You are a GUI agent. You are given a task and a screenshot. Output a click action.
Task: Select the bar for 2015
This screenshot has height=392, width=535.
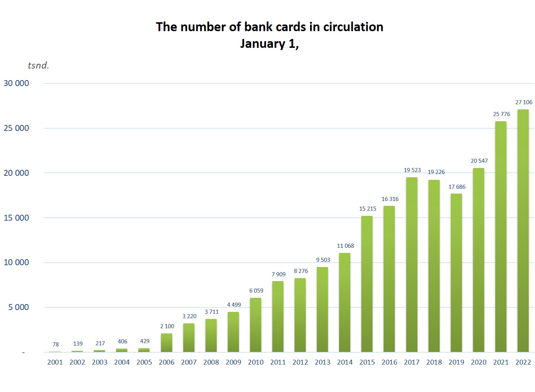[367, 284]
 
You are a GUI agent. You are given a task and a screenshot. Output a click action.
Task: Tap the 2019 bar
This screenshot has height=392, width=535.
[456, 273]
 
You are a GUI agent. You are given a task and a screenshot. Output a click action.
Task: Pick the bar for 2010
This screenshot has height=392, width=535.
[255, 325]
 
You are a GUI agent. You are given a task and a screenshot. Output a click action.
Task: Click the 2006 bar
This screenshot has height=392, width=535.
[166, 343]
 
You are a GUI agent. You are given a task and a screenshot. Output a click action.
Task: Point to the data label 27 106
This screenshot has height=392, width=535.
[523, 102]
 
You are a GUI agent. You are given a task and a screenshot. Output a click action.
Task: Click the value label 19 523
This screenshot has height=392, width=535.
[412, 170]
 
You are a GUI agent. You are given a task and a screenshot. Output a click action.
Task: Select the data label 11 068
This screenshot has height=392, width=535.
[345, 246]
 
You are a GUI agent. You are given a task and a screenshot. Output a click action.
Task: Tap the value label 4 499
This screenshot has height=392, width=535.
[234, 305]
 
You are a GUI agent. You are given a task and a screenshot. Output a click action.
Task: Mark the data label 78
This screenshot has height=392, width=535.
[56, 345]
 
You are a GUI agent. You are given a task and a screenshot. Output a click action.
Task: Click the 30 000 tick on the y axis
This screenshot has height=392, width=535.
[16, 83]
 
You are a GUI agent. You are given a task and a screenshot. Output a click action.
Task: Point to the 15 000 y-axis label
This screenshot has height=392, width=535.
[16, 218]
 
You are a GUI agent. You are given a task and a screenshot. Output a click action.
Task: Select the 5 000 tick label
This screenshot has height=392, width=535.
[19, 307]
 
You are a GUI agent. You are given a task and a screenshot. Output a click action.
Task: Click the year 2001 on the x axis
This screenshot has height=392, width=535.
[55, 362]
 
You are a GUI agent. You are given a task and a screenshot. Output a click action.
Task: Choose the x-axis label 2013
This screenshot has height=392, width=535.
[322, 362]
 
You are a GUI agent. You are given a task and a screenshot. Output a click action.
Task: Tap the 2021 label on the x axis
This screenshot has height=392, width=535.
[500, 362]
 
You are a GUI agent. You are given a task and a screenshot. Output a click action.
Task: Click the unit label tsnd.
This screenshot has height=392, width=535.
[38, 66]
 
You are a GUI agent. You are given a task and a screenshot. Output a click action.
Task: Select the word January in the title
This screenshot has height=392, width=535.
[262, 44]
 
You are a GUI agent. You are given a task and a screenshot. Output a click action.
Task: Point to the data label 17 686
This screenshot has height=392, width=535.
[457, 187]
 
